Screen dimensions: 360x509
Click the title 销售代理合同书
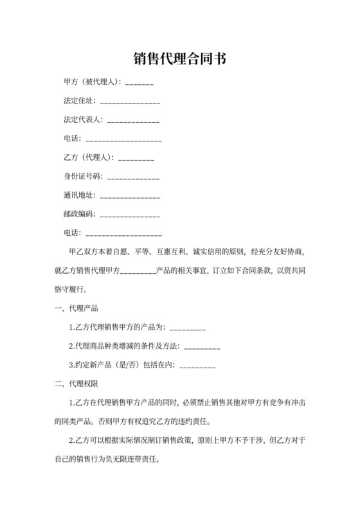[x=179, y=59]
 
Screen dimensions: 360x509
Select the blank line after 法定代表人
[x=133, y=121]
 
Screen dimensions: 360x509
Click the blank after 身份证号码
[x=133, y=177]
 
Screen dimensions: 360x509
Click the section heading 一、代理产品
[x=76, y=308]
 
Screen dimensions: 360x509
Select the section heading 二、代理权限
[x=76, y=384]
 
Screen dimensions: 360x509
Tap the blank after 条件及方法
[x=203, y=347]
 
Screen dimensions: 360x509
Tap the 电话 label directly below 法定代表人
[x=71, y=139]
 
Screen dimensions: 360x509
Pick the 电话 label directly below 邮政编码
[x=71, y=233]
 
